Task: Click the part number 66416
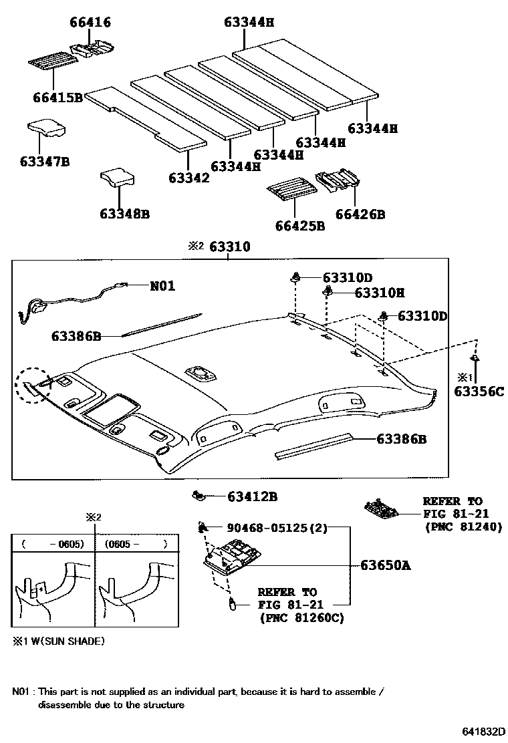90,23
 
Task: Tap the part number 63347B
45,161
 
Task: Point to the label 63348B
124,214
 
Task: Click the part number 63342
188,178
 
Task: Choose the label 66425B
299,226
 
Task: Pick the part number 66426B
360,214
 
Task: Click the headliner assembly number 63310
229,247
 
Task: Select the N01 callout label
162,286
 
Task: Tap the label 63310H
380,293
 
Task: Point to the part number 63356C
479,391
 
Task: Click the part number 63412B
252,496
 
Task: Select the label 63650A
385,565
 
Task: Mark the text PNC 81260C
301,618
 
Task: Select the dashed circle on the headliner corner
33,385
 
